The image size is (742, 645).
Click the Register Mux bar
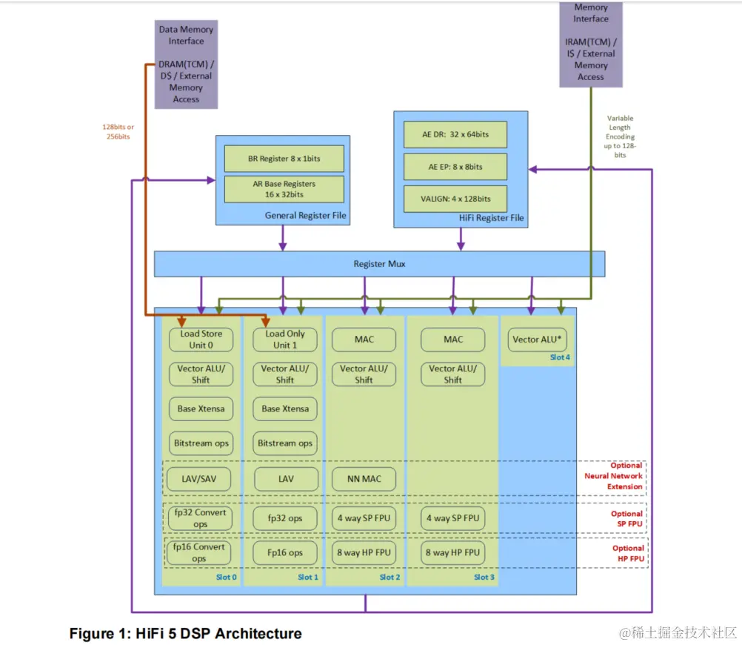coord(379,264)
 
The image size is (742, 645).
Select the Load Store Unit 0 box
coord(201,340)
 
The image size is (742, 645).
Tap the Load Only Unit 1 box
coord(285,340)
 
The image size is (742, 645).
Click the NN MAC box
coord(364,479)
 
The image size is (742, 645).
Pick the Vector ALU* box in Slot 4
coord(538,340)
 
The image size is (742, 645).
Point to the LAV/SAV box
coord(201,479)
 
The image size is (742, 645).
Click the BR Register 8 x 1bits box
coord(284,159)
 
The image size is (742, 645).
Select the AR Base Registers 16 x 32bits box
coord(284,189)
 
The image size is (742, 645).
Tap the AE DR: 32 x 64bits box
coord(455,135)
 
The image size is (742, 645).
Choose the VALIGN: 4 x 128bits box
coord(455,199)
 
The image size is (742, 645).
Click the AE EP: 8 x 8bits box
coord(455,167)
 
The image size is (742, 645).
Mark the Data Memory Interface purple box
coord(185,64)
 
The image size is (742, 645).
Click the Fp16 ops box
coord(285,552)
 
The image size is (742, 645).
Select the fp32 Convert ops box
coord(200,518)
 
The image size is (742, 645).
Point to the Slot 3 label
coord(484,577)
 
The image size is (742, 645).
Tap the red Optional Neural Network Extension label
coord(625,476)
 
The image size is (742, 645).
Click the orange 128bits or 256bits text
coord(118,131)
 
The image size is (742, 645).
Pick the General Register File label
coord(305,216)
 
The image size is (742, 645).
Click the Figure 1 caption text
coord(185,634)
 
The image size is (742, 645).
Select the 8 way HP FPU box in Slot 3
coord(452,552)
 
